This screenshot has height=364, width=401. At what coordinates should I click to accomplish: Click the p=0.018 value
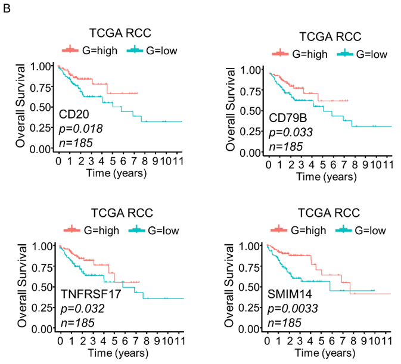pos(80,128)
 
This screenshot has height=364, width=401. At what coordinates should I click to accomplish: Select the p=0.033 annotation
pos(291,132)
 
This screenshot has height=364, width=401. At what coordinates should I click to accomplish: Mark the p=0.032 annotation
pos(82,308)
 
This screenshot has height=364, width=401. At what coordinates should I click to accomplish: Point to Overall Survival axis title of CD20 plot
pos(21,106)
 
